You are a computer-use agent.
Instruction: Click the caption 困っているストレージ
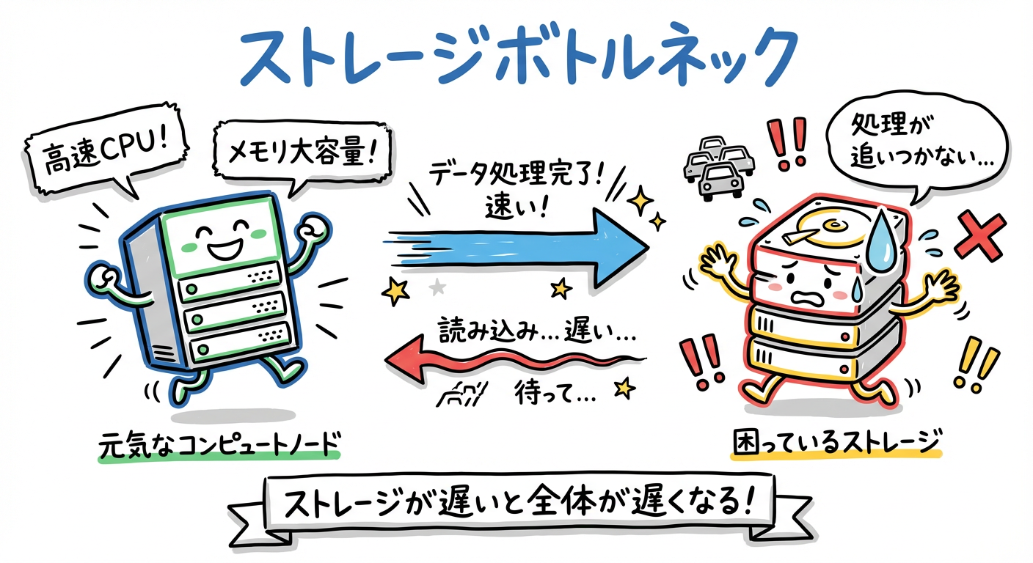836,443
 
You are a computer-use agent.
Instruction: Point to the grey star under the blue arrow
437,287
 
